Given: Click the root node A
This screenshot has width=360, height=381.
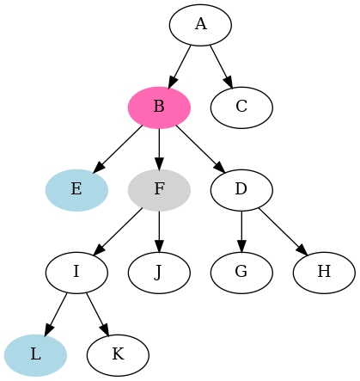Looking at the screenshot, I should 200,24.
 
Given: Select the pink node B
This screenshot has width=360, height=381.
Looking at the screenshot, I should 159,107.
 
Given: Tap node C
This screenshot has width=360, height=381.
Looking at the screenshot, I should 241,107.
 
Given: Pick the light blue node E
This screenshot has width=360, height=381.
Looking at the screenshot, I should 76,189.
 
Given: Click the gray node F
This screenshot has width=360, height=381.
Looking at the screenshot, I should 159,189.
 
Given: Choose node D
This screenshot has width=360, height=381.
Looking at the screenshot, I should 241,189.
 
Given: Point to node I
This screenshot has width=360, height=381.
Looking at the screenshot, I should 76,272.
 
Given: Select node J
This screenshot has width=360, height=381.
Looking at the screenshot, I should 159,272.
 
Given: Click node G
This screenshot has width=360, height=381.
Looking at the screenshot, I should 241,272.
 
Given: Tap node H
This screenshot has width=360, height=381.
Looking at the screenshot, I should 324,272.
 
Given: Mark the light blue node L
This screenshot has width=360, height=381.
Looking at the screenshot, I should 35,354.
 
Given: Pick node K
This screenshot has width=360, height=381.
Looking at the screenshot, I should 118,354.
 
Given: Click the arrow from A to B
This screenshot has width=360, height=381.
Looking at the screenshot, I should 180,65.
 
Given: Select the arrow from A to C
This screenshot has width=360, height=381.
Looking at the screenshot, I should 221,65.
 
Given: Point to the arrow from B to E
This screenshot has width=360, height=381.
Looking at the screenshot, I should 119,147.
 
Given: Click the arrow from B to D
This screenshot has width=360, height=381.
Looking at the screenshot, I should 199,147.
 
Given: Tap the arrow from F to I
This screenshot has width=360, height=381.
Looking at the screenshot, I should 119,230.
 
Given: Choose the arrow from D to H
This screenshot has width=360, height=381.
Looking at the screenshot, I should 282,230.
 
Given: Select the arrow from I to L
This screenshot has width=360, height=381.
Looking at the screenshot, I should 56,313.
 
